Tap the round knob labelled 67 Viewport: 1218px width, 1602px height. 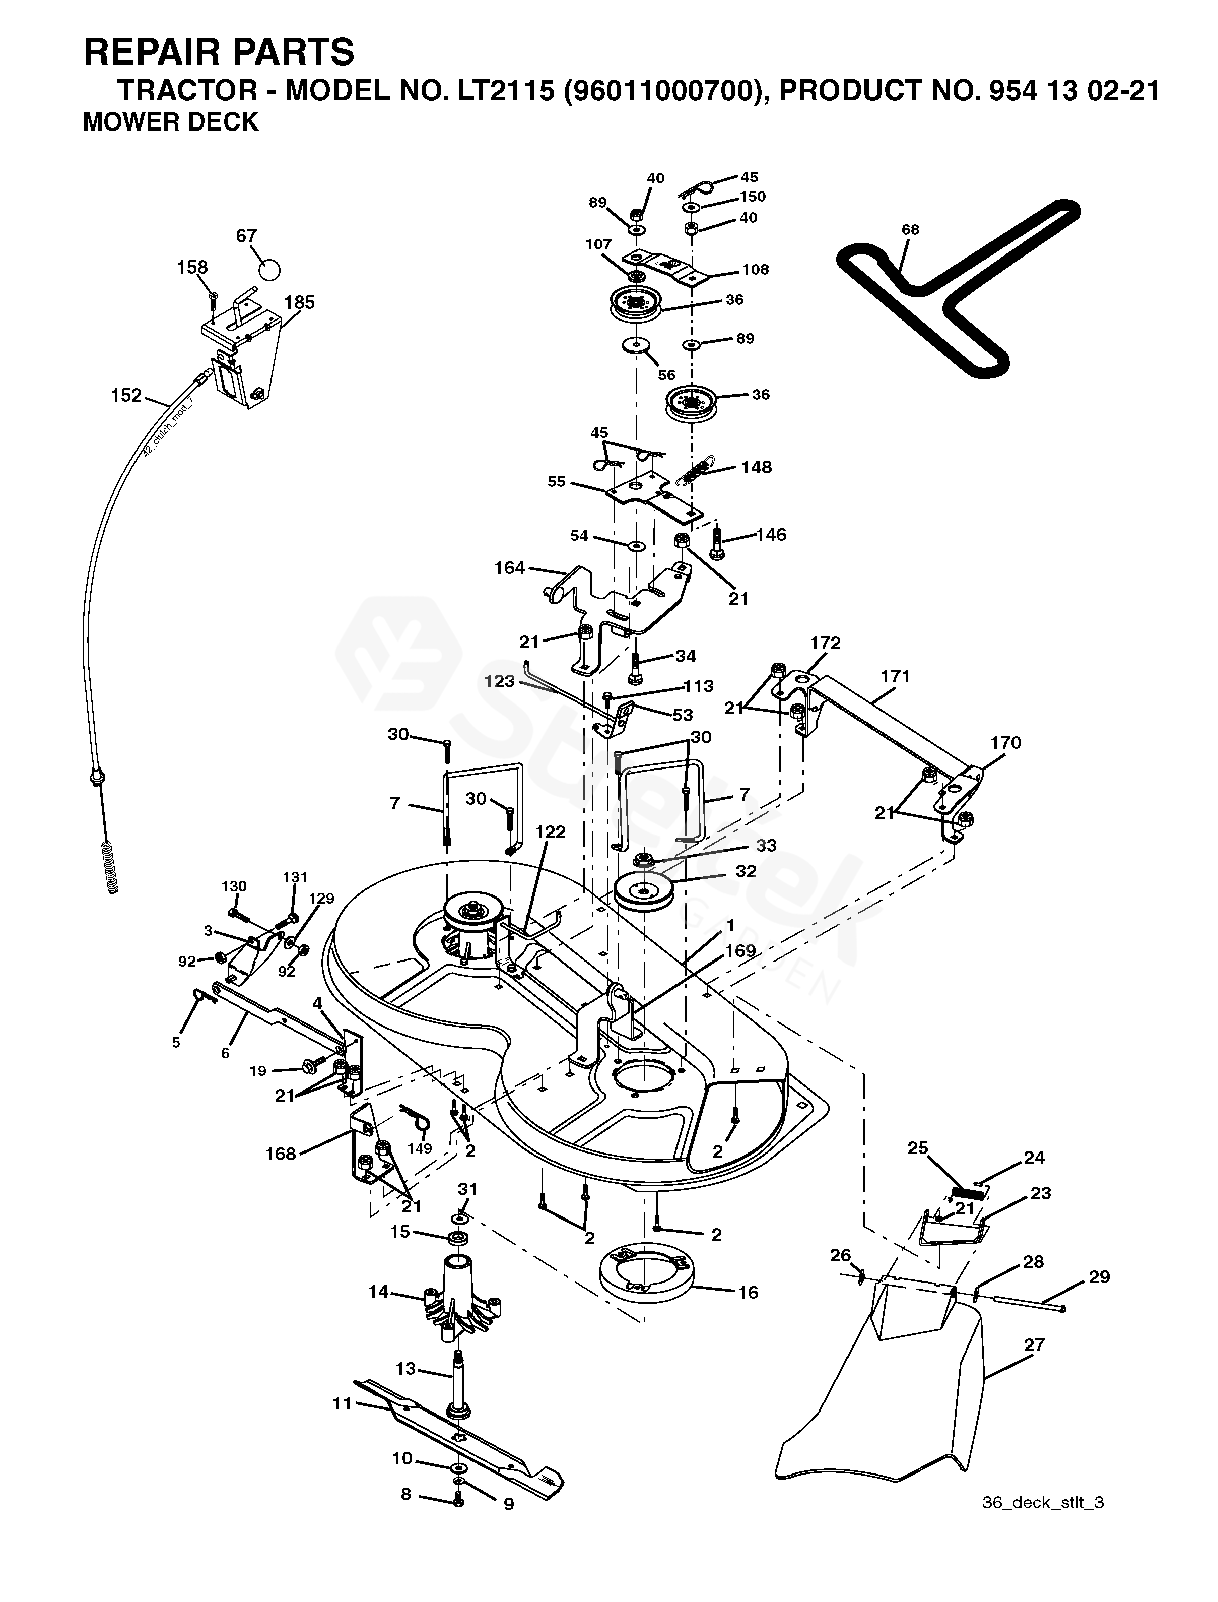point(269,269)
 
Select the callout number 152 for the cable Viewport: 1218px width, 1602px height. point(126,395)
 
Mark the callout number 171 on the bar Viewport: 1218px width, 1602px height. point(896,676)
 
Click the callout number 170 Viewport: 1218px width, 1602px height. point(1005,743)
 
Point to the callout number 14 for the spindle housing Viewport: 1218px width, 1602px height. point(378,1292)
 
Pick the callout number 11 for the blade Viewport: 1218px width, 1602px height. point(342,1403)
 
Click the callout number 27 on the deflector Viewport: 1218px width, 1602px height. point(1034,1345)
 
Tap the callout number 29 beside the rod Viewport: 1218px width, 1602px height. point(1099,1276)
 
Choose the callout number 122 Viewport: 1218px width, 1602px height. point(550,832)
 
